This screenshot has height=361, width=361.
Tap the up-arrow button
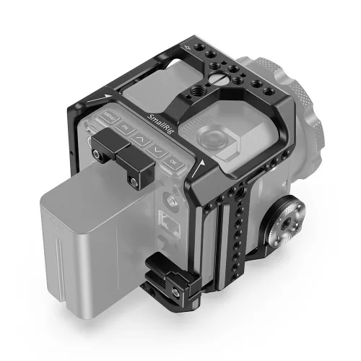coord(142,138)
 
